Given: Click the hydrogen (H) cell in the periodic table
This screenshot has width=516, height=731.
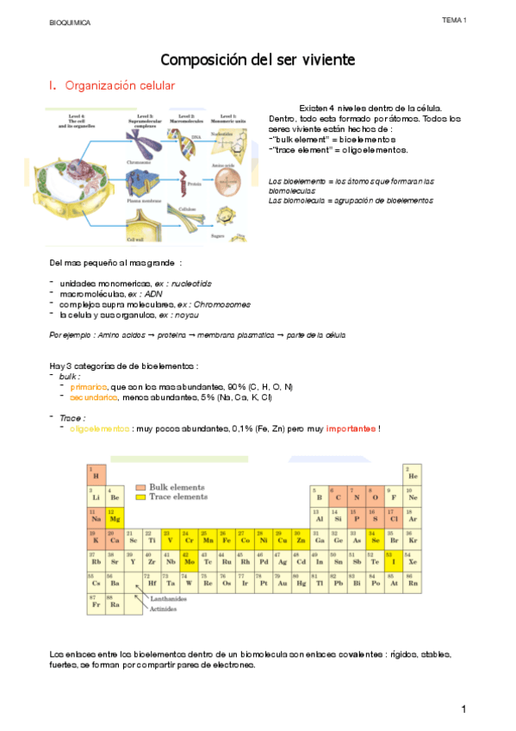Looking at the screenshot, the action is (95, 472).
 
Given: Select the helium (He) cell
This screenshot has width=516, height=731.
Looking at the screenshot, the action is (413, 472).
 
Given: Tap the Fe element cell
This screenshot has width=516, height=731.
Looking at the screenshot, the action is (226, 538).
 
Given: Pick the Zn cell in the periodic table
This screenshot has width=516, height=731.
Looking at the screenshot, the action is (300, 538).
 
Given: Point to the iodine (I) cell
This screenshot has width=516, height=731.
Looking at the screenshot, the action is (394, 559).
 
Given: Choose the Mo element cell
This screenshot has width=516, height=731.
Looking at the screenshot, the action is (189, 559).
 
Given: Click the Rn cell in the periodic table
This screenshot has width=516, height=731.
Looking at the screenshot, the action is (413, 581).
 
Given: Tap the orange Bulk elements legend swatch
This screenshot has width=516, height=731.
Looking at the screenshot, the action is (141, 486).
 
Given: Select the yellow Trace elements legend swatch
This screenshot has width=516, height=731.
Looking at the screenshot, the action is (141, 497).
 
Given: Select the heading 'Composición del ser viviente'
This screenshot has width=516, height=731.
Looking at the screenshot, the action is (258, 59).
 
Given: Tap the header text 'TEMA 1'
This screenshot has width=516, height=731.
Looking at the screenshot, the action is (454, 20).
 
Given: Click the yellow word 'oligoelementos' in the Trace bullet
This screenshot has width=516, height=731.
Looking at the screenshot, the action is (99, 428).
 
